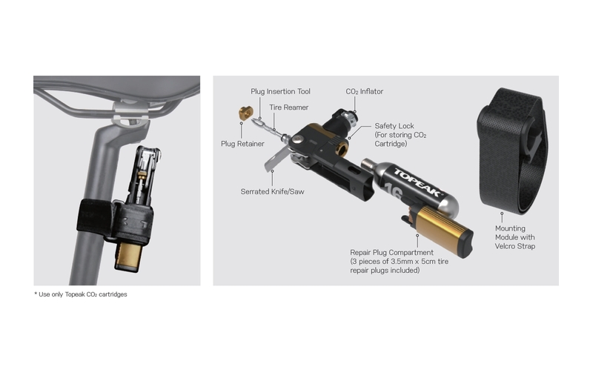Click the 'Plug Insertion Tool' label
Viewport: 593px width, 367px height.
tap(280, 91)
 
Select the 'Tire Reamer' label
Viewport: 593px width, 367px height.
tap(288, 108)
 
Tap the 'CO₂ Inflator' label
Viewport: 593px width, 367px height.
tap(364, 91)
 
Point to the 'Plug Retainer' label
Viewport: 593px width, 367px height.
tap(242, 144)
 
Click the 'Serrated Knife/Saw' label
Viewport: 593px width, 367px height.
tap(272, 191)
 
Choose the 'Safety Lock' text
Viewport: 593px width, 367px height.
tap(394, 126)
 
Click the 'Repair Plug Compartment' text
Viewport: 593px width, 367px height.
tap(391, 252)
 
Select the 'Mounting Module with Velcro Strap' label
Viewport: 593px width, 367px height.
tap(515, 237)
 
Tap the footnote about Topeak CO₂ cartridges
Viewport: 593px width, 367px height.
tap(81, 294)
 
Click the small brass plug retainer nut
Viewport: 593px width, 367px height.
tap(246, 113)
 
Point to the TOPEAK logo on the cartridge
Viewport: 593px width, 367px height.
tap(417, 182)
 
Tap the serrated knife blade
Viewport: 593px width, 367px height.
tap(276, 158)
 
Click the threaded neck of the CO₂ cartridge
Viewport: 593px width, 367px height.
tap(368, 163)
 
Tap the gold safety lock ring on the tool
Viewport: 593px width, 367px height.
tap(342, 149)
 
